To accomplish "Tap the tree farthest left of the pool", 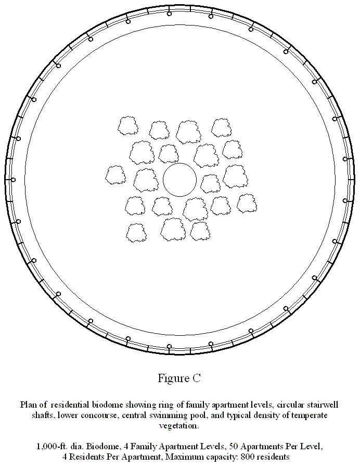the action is [x=115, y=175].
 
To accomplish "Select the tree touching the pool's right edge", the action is [x=211, y=184].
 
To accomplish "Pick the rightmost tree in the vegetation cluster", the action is [x=247, y=203].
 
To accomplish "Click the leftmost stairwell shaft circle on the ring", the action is [x=13, y=180].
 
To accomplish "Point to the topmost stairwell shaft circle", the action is [x=169, y=13].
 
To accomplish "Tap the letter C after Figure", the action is [x=197, y=378].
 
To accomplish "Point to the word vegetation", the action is [x=179, y=426].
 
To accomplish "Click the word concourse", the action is [x=97, y=415].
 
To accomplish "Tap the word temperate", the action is [x=310, y=415].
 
